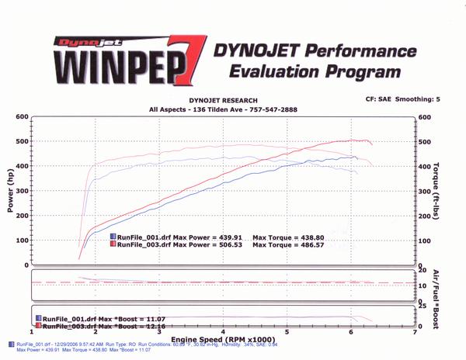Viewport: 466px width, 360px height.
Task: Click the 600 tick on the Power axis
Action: pos(23,117)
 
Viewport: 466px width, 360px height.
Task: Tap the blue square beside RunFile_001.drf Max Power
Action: pos(113,237)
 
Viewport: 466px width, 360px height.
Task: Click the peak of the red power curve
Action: pos(358,140)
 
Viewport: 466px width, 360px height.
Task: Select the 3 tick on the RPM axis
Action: pos(158,334)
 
